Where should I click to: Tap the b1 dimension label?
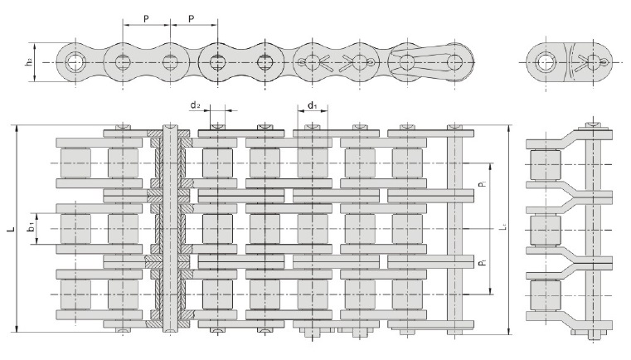point(30,225)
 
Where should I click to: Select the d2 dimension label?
point(193,105)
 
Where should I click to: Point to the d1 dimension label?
point(312,105)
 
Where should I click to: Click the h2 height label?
point(27,61)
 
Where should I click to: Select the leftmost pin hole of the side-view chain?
point(76,61)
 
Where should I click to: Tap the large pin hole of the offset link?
point(546,61)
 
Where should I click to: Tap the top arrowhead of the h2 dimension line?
point(36,43)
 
